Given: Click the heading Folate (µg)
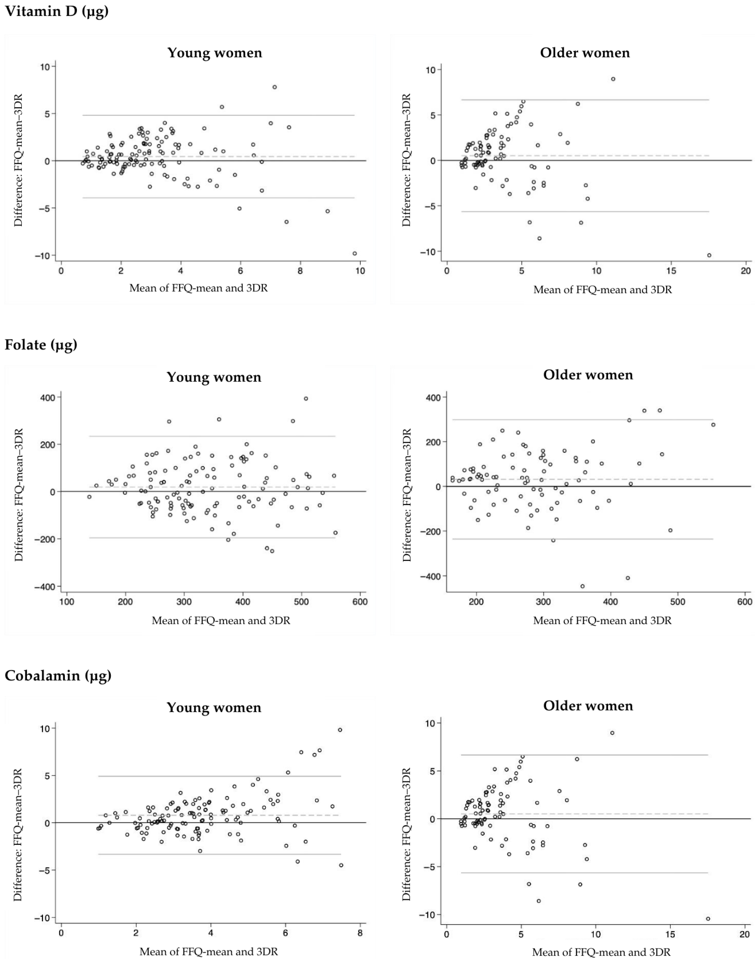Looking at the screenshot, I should point(41,345).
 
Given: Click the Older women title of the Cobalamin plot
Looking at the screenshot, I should point(588,706).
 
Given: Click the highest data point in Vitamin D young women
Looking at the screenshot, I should point(275,87).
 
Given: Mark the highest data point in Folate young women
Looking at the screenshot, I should point(305,399).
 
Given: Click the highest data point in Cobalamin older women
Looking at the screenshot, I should point(612,733).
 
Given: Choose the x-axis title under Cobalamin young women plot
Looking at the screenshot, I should point(209,951).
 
